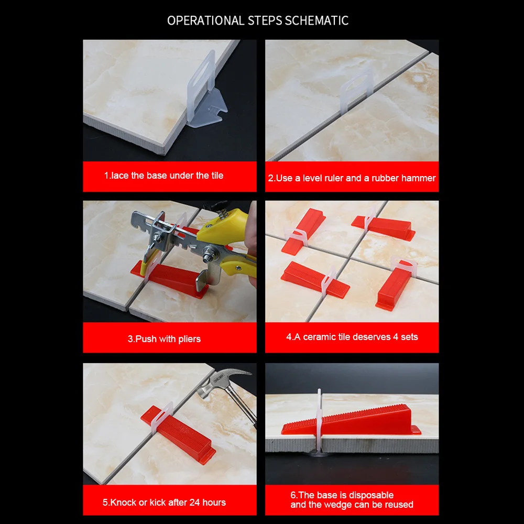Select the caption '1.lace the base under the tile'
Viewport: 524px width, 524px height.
tap(163, 176)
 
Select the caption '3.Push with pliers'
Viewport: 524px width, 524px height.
tap(164, 339)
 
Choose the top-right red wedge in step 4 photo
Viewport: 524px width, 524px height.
tap(385, 225)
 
